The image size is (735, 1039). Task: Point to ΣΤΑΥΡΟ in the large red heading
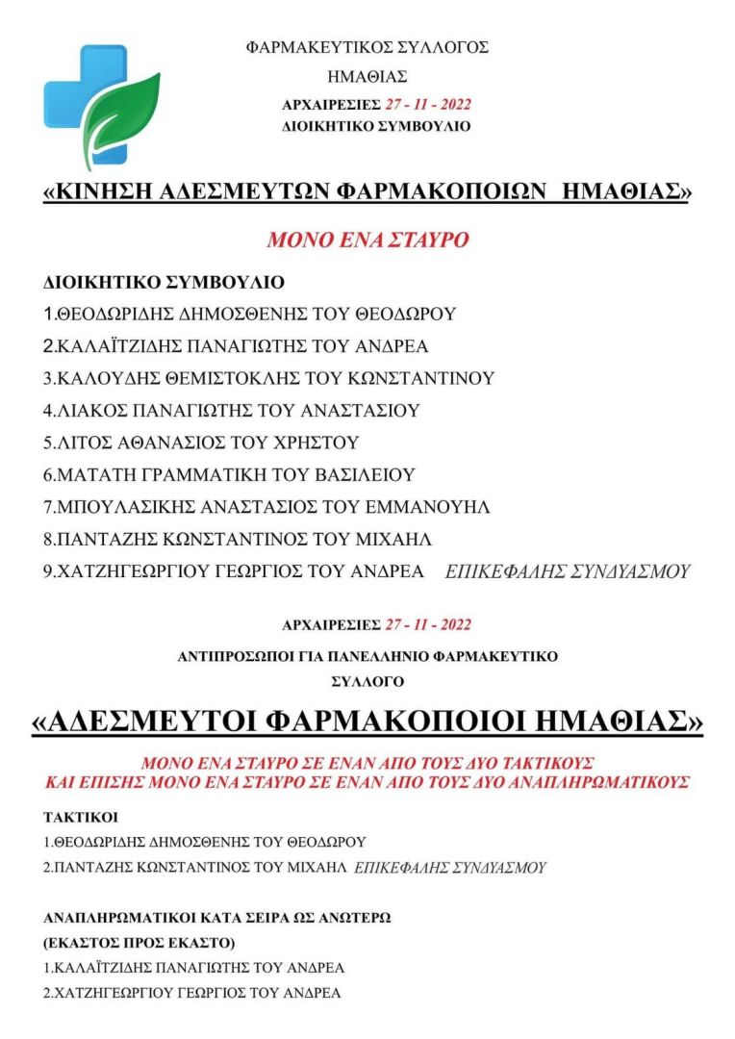(423, 240)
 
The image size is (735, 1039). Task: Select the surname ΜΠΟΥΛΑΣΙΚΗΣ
(121, 507)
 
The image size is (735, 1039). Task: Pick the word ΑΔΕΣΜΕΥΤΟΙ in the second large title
(151, 721)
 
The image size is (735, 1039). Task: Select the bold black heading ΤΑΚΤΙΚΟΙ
(80, 818)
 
